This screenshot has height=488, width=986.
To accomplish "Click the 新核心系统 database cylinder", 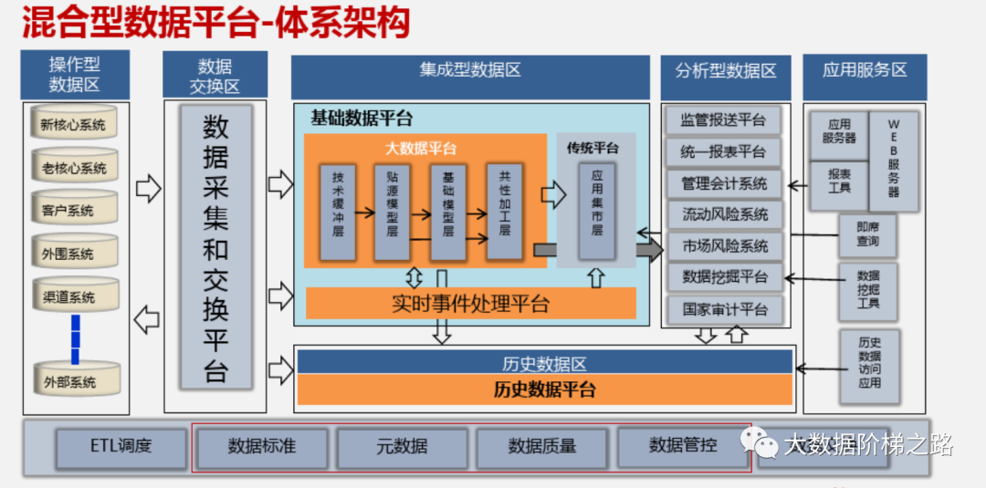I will click(75, 124).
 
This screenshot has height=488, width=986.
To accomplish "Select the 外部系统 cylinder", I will click(75, 379).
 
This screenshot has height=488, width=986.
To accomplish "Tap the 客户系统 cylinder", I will click(75, 210).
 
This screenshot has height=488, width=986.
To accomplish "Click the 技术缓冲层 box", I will click(338, 212).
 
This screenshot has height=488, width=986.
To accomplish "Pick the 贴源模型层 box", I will click(393, 212).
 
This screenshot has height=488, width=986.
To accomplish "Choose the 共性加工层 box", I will click(504, 212).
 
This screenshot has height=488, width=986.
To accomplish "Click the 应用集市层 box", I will click(597, 212).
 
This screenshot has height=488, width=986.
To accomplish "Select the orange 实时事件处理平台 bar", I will click(470, 303).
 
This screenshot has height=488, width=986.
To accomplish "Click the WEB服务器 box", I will click(893, 157).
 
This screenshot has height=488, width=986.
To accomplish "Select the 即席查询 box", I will click(867, 235).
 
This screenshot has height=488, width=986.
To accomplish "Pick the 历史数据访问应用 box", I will click(869, 363).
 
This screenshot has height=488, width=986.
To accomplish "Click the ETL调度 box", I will click(121, 447).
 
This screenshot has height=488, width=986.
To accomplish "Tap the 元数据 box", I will click(402, 447).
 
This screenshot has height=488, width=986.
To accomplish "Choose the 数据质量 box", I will click(541, 447).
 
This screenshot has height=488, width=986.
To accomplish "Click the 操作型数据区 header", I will click(75, 76).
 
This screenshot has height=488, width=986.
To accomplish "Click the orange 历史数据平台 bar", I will click(544, 389).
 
